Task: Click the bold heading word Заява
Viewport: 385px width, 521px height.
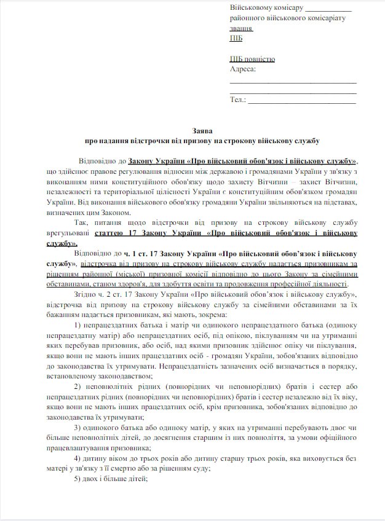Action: [193, 130]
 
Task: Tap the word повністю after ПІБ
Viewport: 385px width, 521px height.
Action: [260, 59]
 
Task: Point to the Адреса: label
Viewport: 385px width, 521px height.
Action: [242, 69]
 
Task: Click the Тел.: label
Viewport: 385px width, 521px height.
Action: [238, 99]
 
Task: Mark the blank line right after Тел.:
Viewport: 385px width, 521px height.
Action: [301, 101]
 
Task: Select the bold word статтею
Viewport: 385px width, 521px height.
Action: [113, 233]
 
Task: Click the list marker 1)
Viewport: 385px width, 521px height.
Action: [77, 324]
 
